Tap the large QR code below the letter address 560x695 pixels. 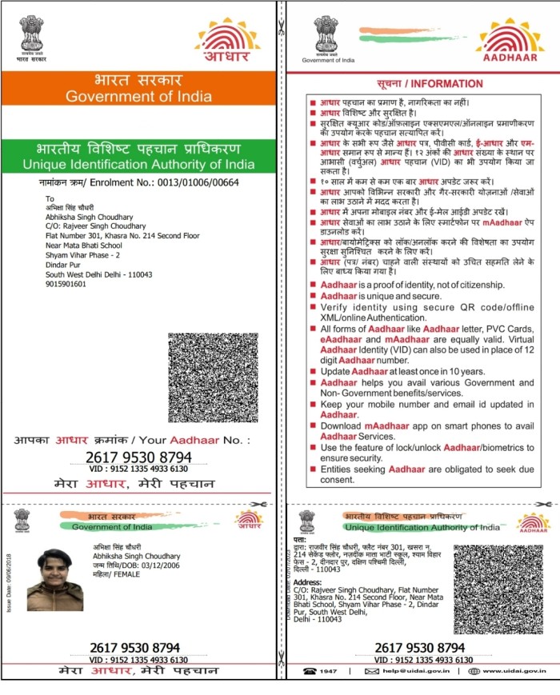tap(213, 377)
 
